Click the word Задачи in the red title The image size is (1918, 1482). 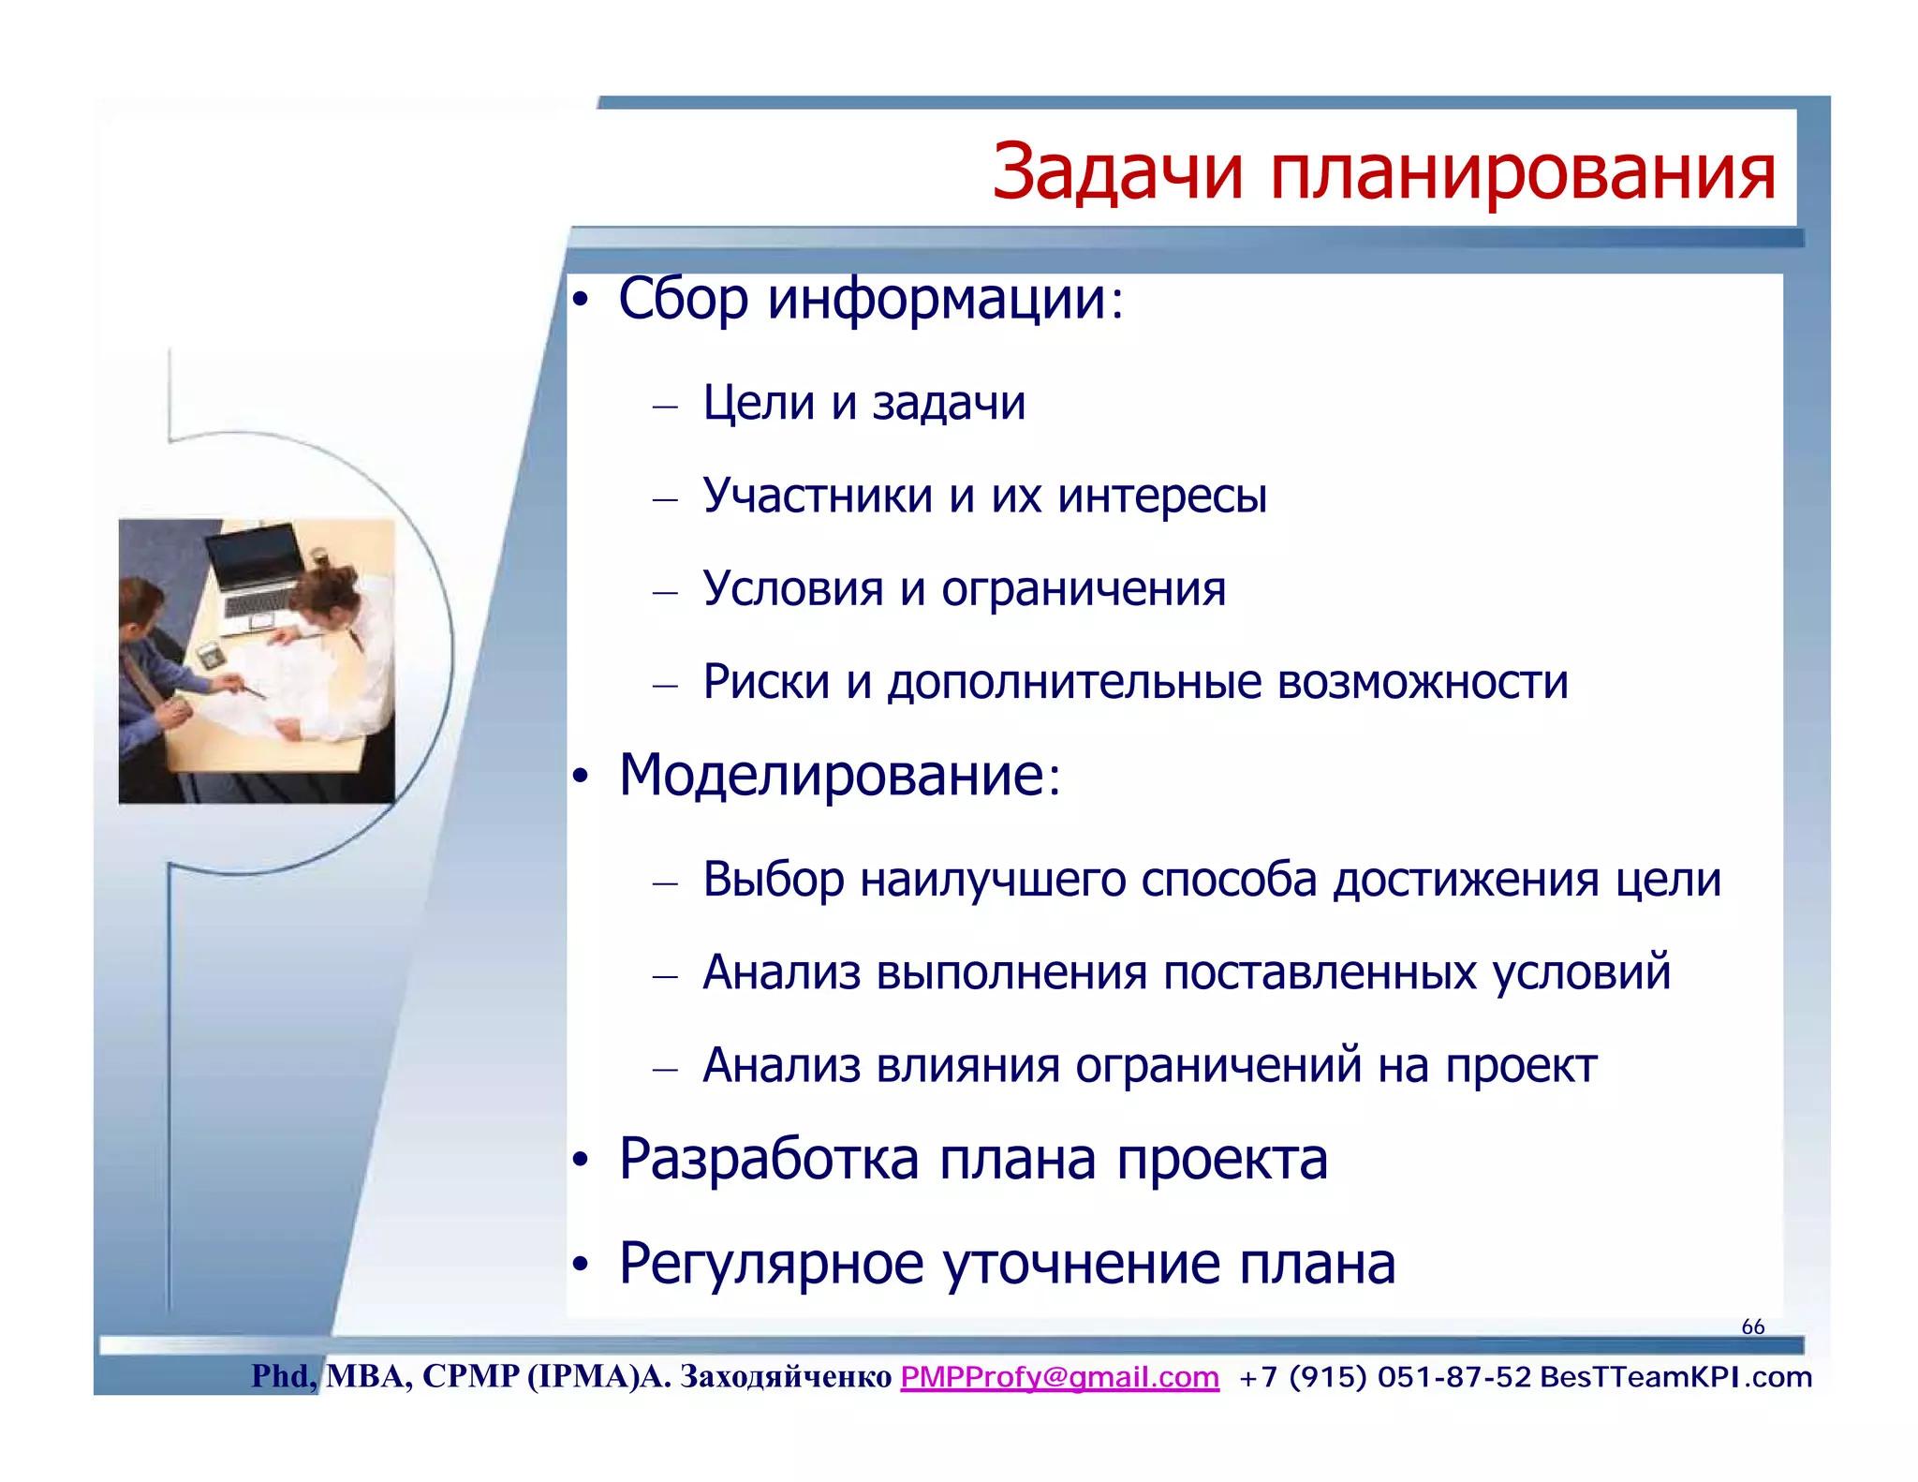(1117, 173)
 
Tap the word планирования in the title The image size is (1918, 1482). (1522, 173)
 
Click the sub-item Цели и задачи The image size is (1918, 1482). (863, 404)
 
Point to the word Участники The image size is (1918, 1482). (817, 496)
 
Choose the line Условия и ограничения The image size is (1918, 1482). (964, 589)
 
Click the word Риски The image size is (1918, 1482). (765, 681)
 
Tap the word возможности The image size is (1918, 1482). (1422, 681)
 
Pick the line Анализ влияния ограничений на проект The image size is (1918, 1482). (1149, 1066)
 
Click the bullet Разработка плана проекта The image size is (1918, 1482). (972, 1160)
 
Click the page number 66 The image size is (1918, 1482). (1752, 1326)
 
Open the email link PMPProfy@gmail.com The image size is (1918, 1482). (1059, 1377)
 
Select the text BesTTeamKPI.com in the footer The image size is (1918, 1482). (1675, 1377)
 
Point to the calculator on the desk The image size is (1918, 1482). (211, 655)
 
